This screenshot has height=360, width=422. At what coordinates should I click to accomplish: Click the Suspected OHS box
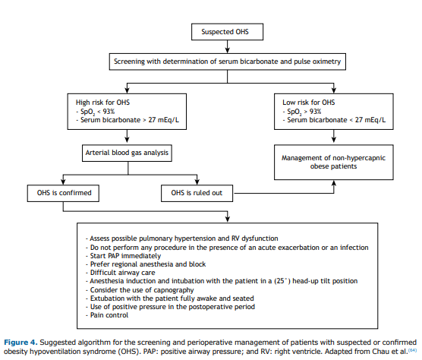click(x=227, y=32)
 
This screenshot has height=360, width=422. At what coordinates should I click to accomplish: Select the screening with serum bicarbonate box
click(x=228, y=62)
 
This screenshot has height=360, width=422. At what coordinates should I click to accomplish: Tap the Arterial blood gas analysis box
click(x=127, y=153)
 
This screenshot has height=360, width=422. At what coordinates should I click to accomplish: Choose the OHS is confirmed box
click(x=63, y=193)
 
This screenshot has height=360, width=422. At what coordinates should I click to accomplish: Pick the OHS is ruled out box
click(x=197, y=193)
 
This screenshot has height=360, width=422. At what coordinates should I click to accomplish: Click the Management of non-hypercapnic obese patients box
click(x=334, y=162)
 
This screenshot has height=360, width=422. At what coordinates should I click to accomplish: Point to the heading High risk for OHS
click(x=102, y=103)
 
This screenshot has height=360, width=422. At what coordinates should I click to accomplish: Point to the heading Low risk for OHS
click(x=309, y=103)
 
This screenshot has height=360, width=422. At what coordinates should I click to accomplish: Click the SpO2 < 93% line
click(x=96, y=112)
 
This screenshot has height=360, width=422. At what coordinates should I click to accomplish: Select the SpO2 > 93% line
click(x=302, y=112)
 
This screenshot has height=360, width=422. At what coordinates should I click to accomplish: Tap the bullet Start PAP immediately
click(x=123, y=256)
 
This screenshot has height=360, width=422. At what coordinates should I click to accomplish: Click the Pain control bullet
click(x=107, y=315)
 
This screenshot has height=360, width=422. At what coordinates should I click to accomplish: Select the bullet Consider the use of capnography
click(x=140, y=290)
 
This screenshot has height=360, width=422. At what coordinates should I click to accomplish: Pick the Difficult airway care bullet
click(x=121, y=273)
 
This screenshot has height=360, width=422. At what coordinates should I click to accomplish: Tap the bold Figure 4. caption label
click(x=20, y=343)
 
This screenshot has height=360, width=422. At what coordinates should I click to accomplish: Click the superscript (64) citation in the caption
click(x=413, y=350)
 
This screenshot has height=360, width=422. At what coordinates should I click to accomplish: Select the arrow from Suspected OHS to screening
click(x=228, y=46)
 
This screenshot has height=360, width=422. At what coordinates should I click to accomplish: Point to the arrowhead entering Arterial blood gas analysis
click(x=127, y=140)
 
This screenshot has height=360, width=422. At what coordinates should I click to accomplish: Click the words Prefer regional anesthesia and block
click(x=148, y=264)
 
